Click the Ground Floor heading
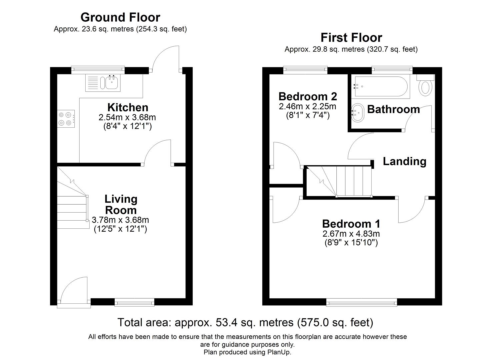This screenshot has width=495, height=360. (120, 17)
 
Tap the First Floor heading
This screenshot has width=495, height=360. (351, 38)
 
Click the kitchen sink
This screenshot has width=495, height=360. (103, 83)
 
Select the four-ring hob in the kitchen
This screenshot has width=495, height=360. (66, 119)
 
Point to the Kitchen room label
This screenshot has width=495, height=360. (128, 107)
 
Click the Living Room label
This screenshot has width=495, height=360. (121, 204)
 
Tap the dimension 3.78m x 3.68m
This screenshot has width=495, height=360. (120, 220)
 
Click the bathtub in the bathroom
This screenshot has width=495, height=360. (381, 86)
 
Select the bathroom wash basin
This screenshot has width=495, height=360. (358, 112)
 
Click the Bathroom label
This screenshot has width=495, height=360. (393, 109)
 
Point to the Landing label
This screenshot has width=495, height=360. (404, 161)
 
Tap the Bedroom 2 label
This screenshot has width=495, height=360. (308, 97)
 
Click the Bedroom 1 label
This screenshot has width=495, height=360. (351, 224)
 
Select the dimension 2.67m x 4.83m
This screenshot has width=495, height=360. (351, 233)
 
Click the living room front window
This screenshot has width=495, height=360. (134, 302)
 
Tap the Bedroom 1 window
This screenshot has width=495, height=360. (362, 302)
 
